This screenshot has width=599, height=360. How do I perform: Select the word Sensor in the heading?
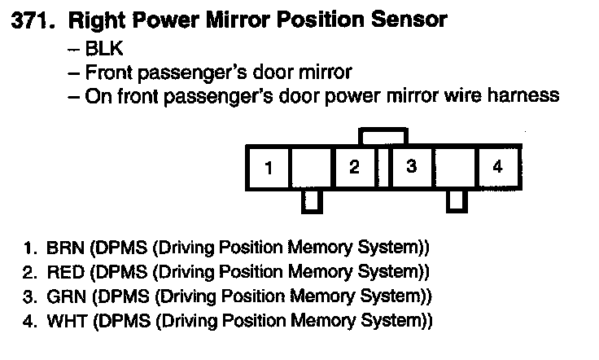point(409,20)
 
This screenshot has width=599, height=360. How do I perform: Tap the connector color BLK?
point(104,49)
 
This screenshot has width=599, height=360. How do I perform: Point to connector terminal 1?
point(269,168)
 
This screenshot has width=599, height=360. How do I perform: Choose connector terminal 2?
point(355,168)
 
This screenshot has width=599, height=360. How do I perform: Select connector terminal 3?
point(412,168)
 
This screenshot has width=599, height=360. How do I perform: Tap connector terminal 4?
point(497,168)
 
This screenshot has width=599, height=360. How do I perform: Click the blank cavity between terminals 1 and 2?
point(312,168)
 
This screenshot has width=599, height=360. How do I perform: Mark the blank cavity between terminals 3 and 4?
point(455,168)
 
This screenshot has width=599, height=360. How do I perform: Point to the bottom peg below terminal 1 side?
point(312,202)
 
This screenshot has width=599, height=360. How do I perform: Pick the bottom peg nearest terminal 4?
point(457,201)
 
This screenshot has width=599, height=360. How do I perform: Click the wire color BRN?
point(65,248)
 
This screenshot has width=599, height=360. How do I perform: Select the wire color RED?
point(65,272)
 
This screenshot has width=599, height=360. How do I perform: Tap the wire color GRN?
point(66,296)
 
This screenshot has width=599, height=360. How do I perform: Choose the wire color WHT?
point(67,321)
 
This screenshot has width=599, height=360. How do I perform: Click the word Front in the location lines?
point(108,72)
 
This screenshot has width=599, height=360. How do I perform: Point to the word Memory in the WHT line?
point(323,321)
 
